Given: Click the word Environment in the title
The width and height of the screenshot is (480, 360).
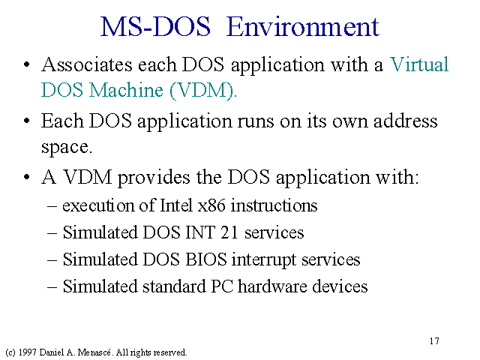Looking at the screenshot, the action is [303, 27].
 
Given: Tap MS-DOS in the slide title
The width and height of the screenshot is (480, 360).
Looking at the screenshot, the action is [155, 27].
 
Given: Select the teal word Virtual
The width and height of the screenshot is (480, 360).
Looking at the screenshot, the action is [419, 64].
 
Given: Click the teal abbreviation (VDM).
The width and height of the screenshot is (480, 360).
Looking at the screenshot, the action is [203, 90].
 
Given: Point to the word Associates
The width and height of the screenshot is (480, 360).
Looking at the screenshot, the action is [87, 64].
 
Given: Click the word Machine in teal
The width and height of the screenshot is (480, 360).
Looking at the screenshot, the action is [126, 90].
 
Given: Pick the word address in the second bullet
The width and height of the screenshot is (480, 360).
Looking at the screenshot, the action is [405, 121].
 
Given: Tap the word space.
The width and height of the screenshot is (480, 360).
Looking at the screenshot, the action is [67, 148].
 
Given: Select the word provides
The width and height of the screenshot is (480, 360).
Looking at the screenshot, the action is [154, 178].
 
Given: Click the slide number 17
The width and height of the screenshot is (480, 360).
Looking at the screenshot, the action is [434, 341].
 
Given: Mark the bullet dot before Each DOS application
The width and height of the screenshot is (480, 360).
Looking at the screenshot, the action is [27, 121].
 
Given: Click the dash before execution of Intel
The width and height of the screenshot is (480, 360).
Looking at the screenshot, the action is [52, 206].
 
